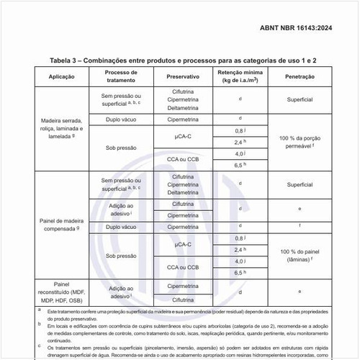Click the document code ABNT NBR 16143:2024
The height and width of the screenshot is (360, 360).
click(305, 28)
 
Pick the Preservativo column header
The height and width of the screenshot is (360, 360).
click(183, 76)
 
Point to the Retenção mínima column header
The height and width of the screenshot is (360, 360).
click(240, 76)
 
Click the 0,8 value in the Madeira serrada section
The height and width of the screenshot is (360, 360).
click(240, 130)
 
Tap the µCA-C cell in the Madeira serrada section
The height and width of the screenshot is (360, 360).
click(183, 135)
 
